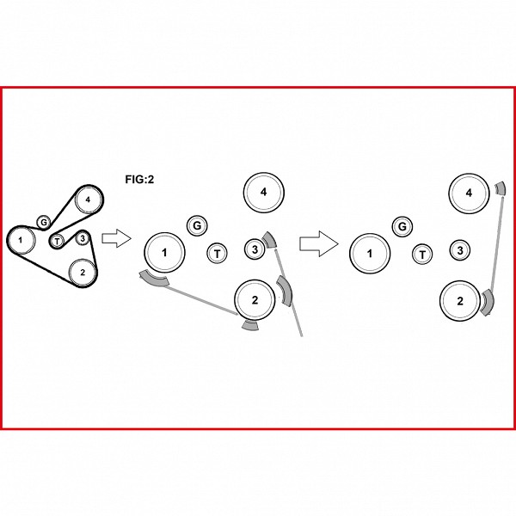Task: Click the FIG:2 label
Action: click(139, 180)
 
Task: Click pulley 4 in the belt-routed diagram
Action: click(88, 200)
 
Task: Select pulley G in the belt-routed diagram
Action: click(43, 223)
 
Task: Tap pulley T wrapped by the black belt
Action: click(58, 241)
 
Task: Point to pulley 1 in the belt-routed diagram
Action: click(21, 240)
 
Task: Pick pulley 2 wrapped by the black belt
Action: click(83, 273)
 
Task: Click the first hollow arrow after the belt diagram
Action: click(116, 238)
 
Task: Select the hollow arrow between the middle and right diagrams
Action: click(318, 244)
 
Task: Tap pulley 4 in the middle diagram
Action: click(264, 192)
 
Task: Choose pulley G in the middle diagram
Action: click(197, 225)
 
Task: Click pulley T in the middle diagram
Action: click(218, 254)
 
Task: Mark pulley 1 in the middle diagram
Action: click(164, 253)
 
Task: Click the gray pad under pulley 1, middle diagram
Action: click(154, 279)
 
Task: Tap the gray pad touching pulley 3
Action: click(270, 240)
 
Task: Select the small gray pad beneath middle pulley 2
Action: click(250, 325)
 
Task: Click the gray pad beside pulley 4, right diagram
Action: click(501, 188)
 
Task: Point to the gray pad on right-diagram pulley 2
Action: click(488, 302)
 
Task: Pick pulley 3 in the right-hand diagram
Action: click(460, 250)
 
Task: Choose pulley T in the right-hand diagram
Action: click(422, 255)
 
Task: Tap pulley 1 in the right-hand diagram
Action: click(370, 254)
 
